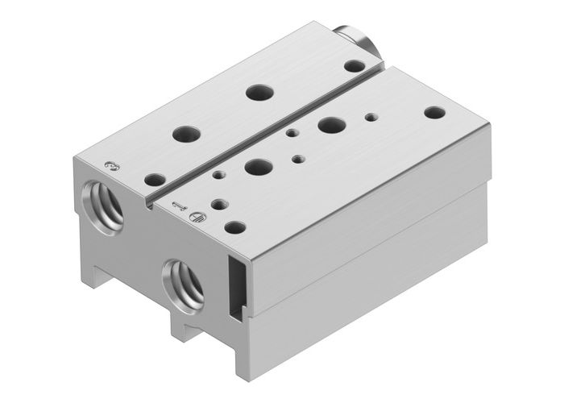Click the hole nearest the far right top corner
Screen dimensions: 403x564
(433, 113)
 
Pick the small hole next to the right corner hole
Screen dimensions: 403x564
(371, 116)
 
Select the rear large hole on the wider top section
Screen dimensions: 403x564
(329, 125)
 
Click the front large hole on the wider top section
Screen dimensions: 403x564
(258, 168)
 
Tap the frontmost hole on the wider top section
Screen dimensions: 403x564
(234, 228)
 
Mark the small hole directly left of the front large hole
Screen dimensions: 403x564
(217, 173)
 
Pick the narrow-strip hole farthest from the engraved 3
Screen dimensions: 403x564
(258, 92)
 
